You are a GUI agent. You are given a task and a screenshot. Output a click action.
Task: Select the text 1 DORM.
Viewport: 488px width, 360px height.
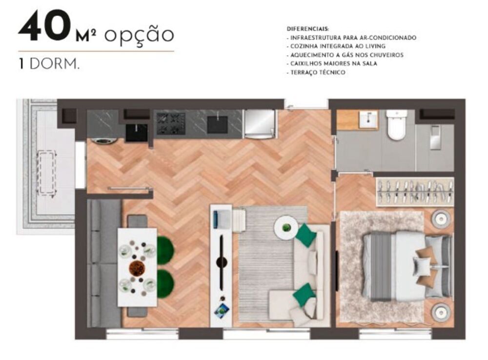(x=49, y=65)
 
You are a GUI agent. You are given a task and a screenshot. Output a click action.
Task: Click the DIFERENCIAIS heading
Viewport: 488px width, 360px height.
(x=308, y=29)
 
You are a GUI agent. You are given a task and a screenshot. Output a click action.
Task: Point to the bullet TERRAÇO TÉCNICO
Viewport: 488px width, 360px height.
(x=318, y=72)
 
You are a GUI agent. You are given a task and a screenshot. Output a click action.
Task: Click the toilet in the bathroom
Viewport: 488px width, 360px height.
(x=396, y=124)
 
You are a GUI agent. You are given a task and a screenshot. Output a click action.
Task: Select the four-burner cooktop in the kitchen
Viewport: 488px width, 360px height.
(x=170, y=123)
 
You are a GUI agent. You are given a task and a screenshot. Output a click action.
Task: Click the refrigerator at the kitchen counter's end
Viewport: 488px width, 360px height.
(x=260, y=123)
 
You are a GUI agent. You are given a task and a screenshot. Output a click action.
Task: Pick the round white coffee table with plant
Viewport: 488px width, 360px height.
(x=286, y=227)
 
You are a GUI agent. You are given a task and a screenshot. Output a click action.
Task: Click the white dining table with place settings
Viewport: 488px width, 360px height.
(x=137, y=267)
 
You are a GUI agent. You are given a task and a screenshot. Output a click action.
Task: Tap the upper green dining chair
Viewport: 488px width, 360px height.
(x=165, y=250)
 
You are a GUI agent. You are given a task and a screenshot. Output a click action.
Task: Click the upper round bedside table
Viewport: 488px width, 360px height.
(x=441, y=219)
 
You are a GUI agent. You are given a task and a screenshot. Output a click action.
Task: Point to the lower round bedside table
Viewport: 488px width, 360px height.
(x=441, y=312)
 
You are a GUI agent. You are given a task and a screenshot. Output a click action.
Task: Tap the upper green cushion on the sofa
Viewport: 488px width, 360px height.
(x=305, y=235)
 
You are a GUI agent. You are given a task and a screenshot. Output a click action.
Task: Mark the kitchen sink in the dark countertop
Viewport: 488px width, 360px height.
(x=217, y=124)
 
